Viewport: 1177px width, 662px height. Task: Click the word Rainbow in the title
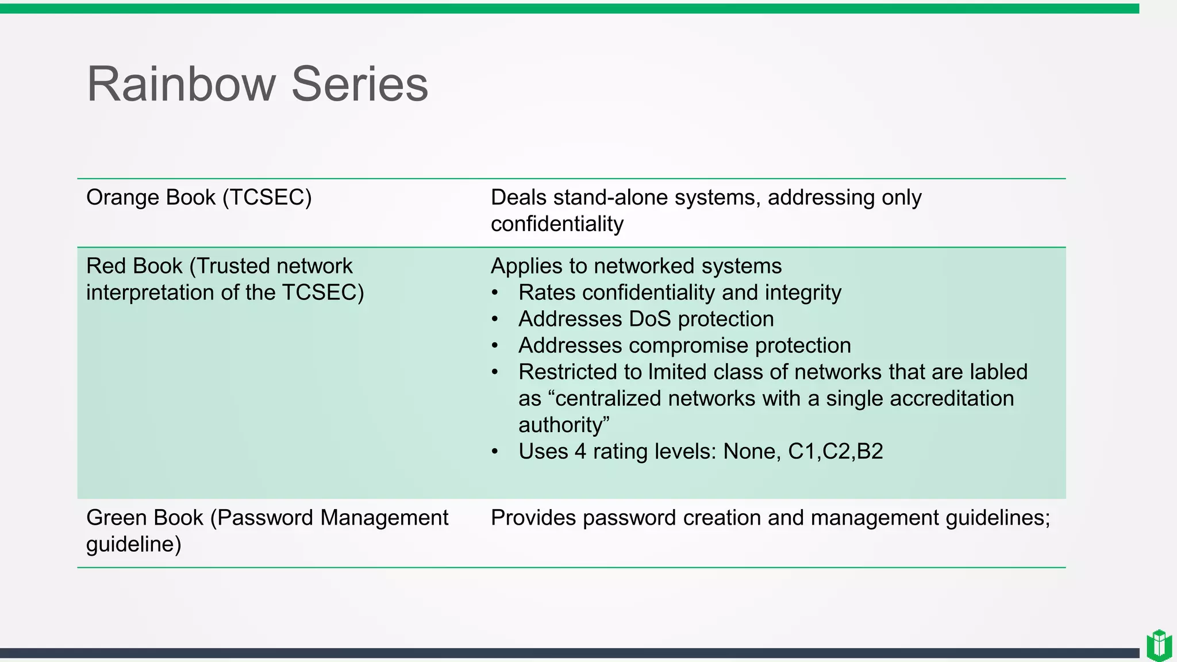point(182,84)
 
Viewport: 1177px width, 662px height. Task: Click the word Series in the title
point(360,84)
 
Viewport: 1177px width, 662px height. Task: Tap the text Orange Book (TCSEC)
point(199,197)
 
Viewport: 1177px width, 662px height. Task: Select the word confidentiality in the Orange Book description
point(557,224)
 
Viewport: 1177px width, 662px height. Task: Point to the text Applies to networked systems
point(636,266)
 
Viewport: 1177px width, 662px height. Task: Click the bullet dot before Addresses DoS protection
point(495,320)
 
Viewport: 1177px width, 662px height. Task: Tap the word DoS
point(650,319)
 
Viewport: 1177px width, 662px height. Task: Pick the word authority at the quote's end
point(563,425)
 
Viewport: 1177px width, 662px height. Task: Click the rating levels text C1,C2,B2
point(835,452)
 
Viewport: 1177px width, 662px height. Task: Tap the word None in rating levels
point(752,452)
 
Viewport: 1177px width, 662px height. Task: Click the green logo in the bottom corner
point(1159,645)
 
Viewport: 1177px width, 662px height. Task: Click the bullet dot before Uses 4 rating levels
point(495,452)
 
